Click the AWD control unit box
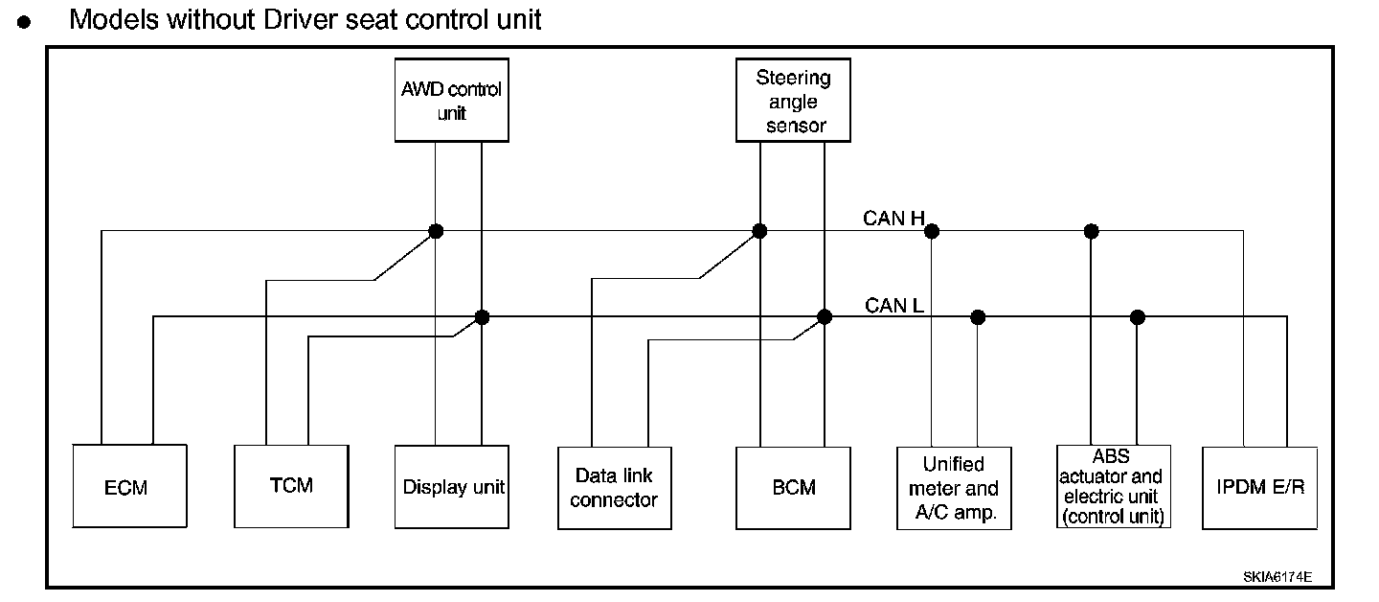(452, 101)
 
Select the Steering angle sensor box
(793, 101)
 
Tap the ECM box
(130, 486)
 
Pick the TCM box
(291, 486)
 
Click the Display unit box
(452, 487)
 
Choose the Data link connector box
(615, 488)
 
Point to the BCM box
(793, 488)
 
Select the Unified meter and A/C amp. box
(954, 488)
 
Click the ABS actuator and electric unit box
(1113, 487)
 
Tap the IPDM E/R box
(1259, 488)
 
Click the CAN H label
(893, 219)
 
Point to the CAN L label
(893, 306)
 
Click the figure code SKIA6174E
(1277, 577)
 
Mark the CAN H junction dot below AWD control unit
(436, 231)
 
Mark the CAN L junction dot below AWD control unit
(482, 317)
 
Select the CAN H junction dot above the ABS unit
(1091, 231)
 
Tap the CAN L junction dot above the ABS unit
(1137, 317)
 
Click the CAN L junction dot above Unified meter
(978, 317)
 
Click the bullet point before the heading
(24, 23)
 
